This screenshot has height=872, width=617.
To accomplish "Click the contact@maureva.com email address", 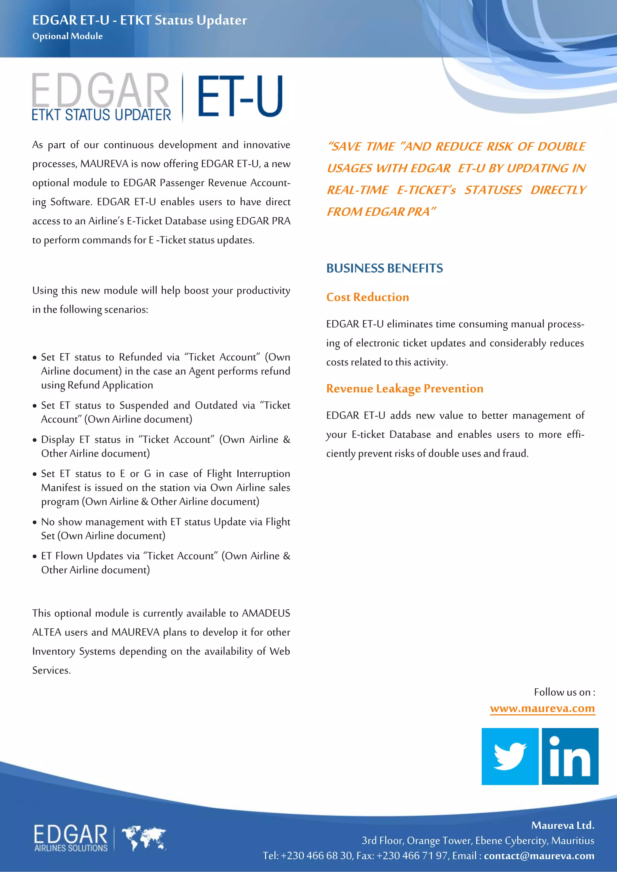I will (x=539, y=856).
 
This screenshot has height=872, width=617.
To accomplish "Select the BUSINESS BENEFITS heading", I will (x=384, y=268).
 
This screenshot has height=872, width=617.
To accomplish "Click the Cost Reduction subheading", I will (x=367, y=297).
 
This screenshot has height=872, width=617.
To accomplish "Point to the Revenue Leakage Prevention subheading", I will (x=405, y=388).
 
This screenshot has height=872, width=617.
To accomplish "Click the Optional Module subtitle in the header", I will (x=67, y=36).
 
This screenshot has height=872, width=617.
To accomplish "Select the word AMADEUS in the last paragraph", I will (x=266, y=613).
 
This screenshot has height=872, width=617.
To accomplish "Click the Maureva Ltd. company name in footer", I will (x=562, y=825).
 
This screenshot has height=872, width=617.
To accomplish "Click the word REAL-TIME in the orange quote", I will (x=358, y=190).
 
